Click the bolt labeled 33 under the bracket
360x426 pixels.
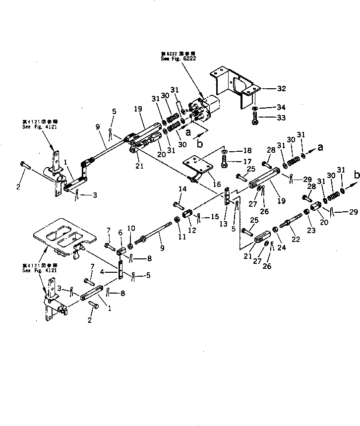click(x=255, y=121)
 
